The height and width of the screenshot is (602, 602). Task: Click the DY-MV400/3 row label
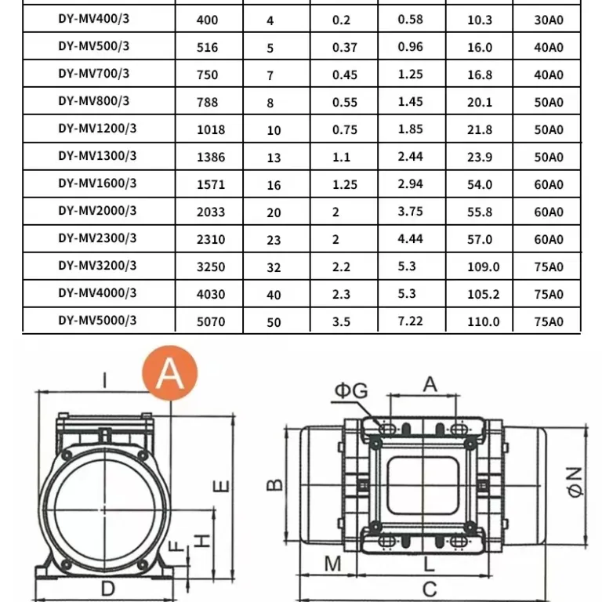[x=94, y=19]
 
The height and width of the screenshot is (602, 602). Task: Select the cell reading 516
[x=207, y=48]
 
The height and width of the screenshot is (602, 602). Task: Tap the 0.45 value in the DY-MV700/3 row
[x=345, y=75]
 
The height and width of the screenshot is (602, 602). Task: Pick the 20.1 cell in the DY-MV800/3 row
[x=480, y=103]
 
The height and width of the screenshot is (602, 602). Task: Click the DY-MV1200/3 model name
[x=97, y=129]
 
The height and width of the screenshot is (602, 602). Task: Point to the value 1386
[x=211, y=157]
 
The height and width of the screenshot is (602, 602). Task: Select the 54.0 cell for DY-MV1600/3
[x=480, y=185]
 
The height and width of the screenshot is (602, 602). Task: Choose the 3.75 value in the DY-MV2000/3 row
[x=411, y=212]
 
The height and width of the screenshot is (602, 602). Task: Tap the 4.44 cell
[x=411, y=239]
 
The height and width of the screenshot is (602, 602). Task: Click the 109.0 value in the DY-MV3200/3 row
[x=484, y=267]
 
